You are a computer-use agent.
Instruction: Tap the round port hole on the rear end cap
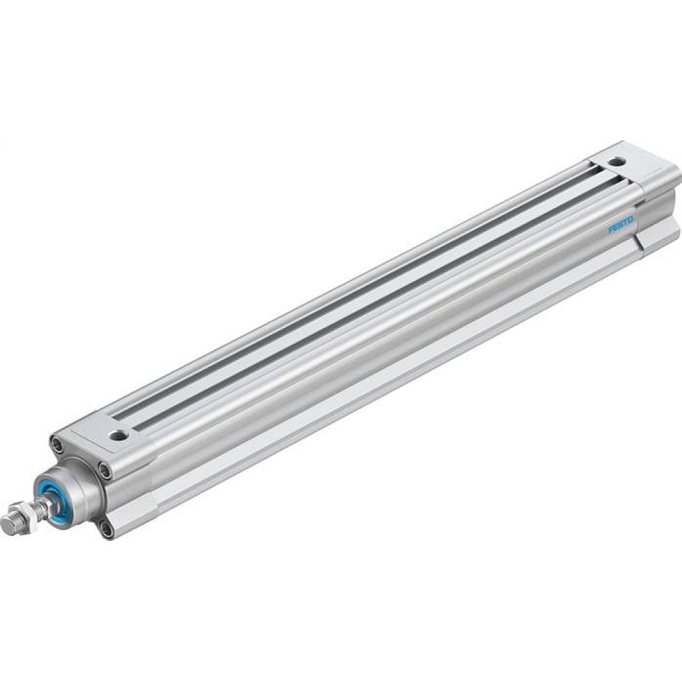618,164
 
